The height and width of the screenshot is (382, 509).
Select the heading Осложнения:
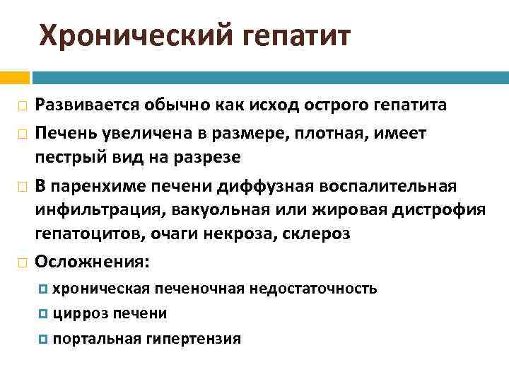tap(93, 262)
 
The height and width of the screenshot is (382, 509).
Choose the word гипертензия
tap(193, 339)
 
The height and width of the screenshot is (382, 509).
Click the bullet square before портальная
tap(45, 339)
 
